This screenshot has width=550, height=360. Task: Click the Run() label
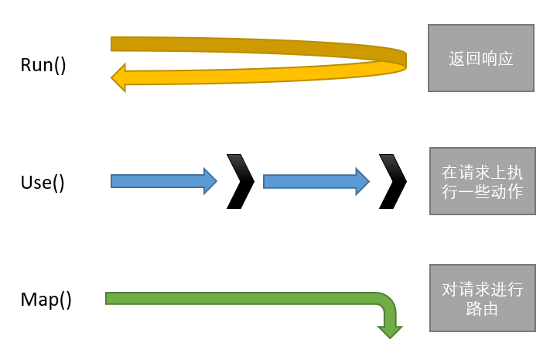point(43,64)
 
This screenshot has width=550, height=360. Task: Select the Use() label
point(43,183)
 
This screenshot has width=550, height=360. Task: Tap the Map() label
point(46,300)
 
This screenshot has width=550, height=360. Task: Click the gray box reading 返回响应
point(480,58)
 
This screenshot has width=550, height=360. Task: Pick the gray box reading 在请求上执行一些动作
point(481,181)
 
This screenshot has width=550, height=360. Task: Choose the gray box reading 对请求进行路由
point(482,299)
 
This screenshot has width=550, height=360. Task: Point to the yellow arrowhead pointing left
point(118,77)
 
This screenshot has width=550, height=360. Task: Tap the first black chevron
point(241,181)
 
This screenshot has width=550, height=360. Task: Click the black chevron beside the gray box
point(393,181)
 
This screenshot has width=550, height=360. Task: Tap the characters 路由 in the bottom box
point(482,308)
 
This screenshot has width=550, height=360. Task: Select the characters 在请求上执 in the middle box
point(481,172)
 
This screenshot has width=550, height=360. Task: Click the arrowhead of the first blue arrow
point(209,181)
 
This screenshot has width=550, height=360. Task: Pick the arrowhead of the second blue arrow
point(361,181)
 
